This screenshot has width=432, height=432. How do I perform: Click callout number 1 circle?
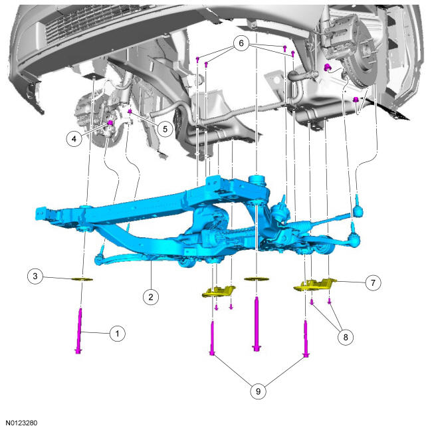pyautogui.click(x=118, y=334)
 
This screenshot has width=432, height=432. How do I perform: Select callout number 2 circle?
pyautogui.click(x=151, y=296)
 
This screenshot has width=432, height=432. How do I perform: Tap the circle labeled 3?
pyautogui.click(x=35, y=276)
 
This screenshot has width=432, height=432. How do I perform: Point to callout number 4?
pyautogui.click(x=74, y=139)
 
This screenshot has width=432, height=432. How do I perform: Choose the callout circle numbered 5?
pyautogui.click(x=165, y=129)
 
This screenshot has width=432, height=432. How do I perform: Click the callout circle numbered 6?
pyautogui.click(x=241, y=43)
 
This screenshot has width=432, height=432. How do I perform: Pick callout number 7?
pyautogui.click(x=373, y=282)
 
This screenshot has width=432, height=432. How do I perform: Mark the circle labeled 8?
pyautogui.click(x=346, y=337)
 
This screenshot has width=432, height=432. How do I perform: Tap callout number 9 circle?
pyautogui.click(x=258, y=391)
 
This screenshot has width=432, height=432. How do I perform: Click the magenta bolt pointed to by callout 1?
pyautogui.click(x=79, y=330)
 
